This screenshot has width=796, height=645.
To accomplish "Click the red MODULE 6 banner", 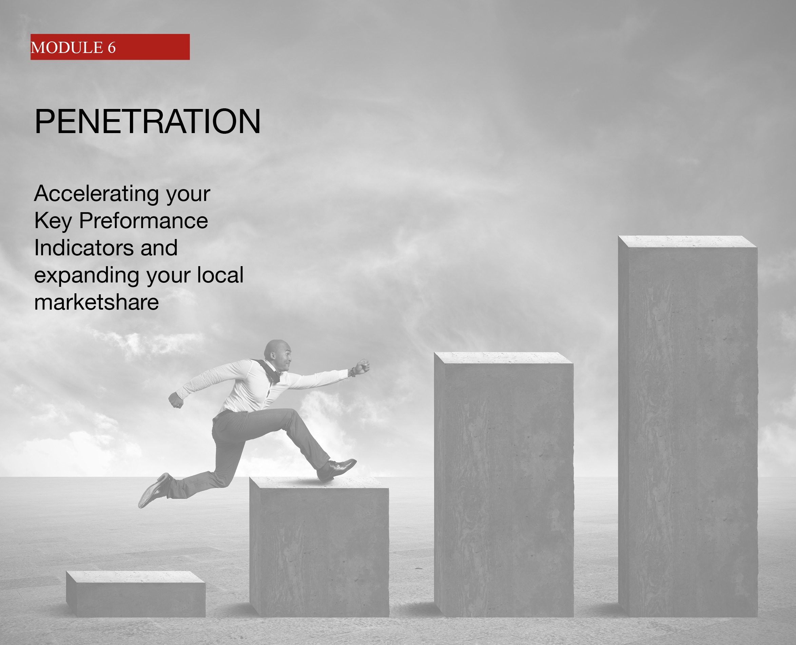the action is [x=110, y=47].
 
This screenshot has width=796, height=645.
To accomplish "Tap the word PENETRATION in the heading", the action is [x=147, y=121].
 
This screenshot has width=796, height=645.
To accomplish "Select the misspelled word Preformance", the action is [x=143, y=221].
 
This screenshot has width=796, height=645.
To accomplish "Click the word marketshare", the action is [x=96, y=302].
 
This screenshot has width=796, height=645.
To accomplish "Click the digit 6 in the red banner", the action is [x=112, y=48].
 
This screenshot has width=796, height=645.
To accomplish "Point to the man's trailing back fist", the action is [x=176, y=400].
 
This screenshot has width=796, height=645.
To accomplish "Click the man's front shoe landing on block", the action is [x=336, y=469].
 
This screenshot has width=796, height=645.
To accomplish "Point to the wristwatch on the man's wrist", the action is [x=351, y=372].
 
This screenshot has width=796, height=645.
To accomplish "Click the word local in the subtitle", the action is [x=220, y=275].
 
